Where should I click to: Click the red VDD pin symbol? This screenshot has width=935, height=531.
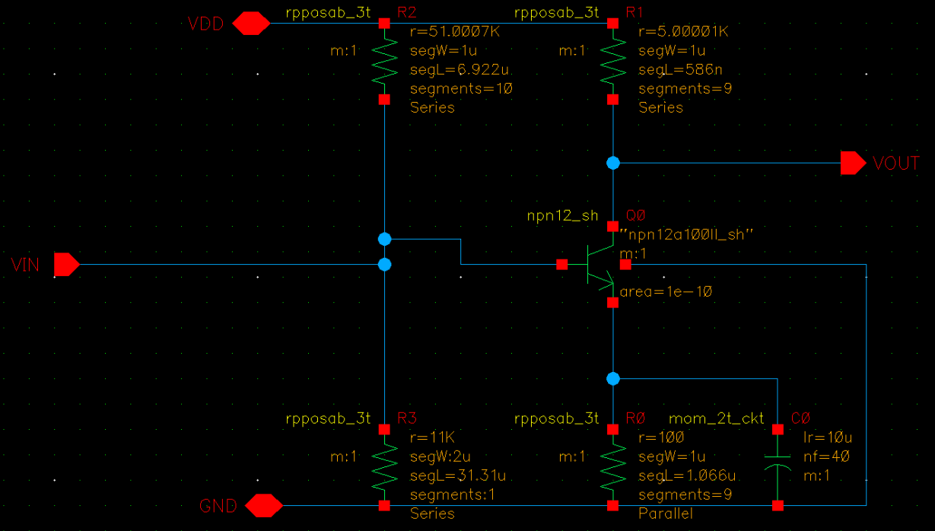coord(250,24)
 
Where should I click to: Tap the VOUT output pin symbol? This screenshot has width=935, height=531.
coord(853,163)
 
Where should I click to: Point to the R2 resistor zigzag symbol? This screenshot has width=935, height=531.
coord(384,61)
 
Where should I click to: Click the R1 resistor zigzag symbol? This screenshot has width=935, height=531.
coord(612,61)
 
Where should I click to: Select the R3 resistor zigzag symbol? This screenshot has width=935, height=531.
coord(384,466)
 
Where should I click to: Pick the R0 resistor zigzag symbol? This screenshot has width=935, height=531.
coord(612,466)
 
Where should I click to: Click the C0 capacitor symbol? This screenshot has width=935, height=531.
coord(778,466)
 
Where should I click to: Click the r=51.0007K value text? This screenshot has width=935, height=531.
coord(455,33)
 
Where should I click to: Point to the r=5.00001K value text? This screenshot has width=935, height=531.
coord(683,33)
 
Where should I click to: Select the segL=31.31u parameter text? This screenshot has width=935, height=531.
coord(458,475)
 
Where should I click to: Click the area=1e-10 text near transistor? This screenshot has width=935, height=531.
coord(666,292)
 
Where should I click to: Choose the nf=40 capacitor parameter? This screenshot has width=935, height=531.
coord(826,456)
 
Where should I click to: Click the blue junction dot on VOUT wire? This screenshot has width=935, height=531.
coord(612,163)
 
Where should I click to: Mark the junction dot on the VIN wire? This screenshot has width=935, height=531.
coord(384,265)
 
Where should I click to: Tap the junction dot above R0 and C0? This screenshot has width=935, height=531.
coord(612,378)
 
